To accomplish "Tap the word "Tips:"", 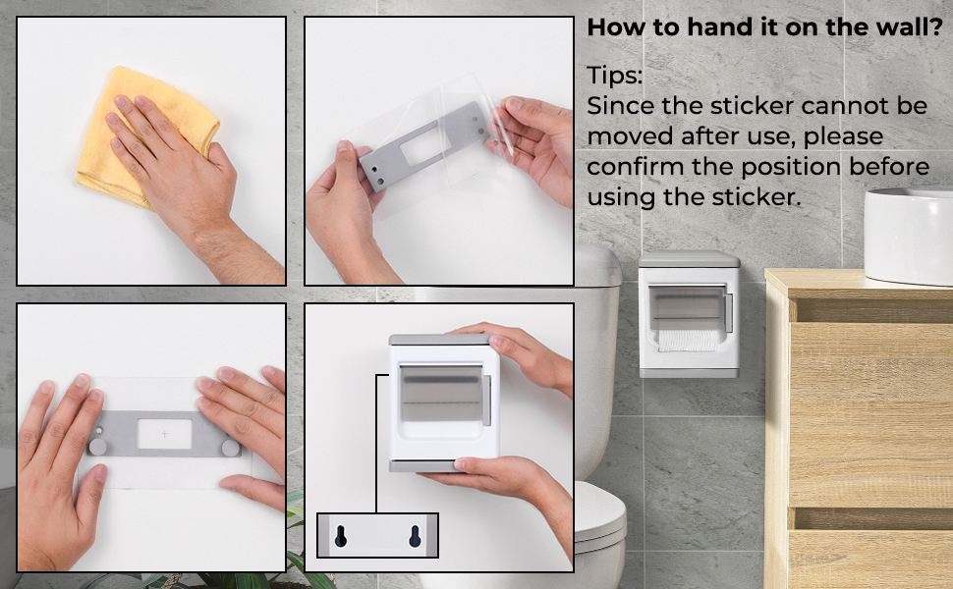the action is [614, 76].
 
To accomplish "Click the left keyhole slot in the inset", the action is [340, 536].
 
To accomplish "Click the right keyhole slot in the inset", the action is [416, 536].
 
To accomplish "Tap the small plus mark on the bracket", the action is [165, 434].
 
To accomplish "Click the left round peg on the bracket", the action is [97, 447].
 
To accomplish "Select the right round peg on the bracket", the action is [230, 448].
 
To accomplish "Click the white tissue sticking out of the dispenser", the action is [688, 341].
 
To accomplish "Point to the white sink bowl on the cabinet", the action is [909, 235].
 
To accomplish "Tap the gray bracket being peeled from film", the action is [423, 146].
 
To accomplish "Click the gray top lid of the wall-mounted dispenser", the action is [689, 260].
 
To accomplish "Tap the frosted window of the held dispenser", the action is [441, 394].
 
